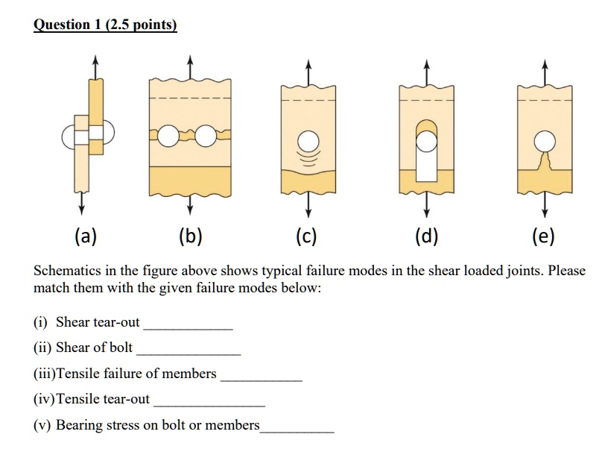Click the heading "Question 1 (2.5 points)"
(x=105, y=25)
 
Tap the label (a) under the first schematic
(x=85, y=237)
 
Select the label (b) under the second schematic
(x=191, y=237)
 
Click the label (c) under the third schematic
(x=305, y=237)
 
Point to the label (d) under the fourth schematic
(x=426, y=237)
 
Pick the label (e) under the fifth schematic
(x=543, y=237)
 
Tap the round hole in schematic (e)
(x=544, y=140)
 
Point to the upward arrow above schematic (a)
(x=95, y=64)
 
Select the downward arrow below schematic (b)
(x=190, y=203)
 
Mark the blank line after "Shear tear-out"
(x=188, y=328)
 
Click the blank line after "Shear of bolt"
(x=189, y=353)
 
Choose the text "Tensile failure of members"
(x=136, y=373)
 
